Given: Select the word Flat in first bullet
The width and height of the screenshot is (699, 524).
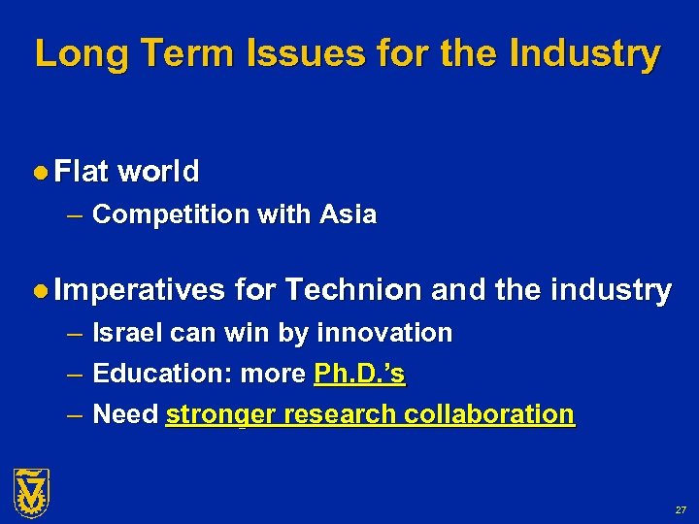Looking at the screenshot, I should [82, 172].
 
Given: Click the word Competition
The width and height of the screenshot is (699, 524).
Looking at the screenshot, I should [171, 214].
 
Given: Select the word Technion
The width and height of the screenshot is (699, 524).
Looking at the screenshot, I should [354, 290].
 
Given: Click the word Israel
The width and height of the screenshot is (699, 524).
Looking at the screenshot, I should [127, 333].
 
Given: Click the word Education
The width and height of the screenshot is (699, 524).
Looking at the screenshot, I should [161, 374].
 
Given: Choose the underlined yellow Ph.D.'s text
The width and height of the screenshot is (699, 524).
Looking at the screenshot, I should [359, 374].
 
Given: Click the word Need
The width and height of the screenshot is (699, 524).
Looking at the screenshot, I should [125, 414].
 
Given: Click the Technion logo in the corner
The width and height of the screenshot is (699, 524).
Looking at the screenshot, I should [31, 492].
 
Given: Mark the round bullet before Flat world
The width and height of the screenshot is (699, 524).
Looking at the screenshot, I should [41, 173].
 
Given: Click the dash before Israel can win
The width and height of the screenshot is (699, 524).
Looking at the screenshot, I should [75, 334].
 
